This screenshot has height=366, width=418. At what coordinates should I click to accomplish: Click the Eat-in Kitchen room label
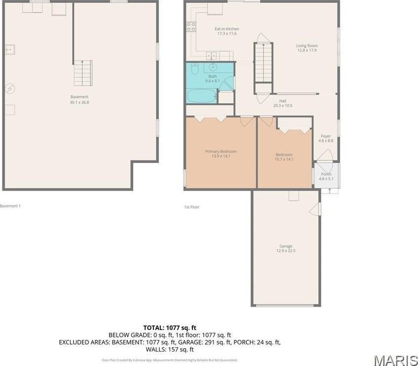tap(227, 29)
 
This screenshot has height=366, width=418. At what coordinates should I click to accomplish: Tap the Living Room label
tap(306, 46)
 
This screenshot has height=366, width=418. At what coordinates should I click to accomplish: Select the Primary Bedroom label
tap(221, 151)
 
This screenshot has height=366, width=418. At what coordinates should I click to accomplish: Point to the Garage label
tap(286, 246)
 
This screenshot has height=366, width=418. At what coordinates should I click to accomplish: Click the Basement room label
tap(79, 97)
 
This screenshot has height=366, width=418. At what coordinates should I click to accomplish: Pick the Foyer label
tap(326, 136)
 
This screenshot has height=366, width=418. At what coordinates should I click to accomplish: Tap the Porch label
tap(326, 174)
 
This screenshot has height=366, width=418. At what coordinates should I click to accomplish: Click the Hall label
tap(283, 101)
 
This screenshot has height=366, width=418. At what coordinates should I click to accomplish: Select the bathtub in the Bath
tap(201, 95)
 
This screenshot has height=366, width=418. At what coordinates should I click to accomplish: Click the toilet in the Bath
tap(194, 69)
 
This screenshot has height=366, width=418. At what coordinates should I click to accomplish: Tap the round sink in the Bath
tap(213, 68)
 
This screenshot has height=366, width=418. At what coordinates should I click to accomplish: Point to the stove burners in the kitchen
tap(191, 27)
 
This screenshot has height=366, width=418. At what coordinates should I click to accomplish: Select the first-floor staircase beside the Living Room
tap(263, 63)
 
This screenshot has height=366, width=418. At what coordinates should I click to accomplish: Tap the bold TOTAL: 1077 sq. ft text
tap(170, 327)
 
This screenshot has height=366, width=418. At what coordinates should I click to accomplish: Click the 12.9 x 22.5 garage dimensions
tap(286, 251)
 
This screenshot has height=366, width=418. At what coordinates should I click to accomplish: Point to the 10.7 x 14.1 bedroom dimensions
tap(284, 159)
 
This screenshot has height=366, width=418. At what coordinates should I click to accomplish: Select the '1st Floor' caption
tap(191, 207)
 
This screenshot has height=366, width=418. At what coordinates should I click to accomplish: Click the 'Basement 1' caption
tap(10, 206)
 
